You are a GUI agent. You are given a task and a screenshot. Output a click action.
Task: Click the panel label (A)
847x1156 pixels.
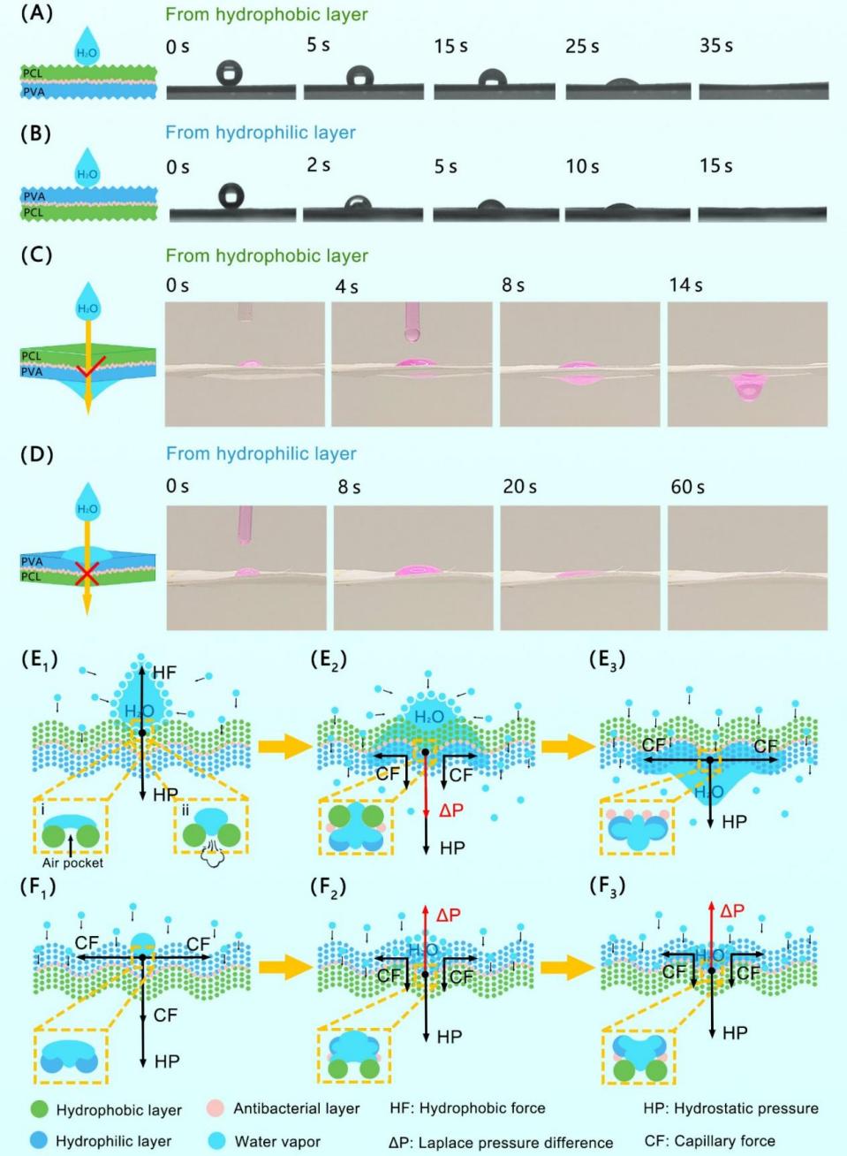pyautogui.click(x=36, y=14)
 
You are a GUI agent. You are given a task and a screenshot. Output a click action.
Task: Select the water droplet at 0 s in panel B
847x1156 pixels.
pyautogui.click(x=231, y=195)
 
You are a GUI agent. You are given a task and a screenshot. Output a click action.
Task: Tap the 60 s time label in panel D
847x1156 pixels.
pyautogui.click(x=687, y=486)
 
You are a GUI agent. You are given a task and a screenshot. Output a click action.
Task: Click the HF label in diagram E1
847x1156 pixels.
pyautogui.click(x=164, y=673)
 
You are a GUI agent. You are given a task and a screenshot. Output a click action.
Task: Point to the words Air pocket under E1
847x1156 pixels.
pyautogui.click(x=72, y=863)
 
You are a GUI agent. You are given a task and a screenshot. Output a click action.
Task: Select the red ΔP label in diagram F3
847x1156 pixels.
pyautogui.click(x=731, y=910)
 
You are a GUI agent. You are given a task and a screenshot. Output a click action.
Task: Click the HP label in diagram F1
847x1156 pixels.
pyautogui.click(x=167, y=1061)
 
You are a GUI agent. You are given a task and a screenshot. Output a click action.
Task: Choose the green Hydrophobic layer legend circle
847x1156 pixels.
pyautogui.click(x=39, y=1109)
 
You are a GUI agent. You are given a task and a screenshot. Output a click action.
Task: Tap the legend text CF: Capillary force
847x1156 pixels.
pyautogui.click(x=709, y=1141)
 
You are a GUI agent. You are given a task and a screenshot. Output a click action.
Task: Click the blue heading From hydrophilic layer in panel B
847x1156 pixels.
pyautogui.click(x=261, y=133)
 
